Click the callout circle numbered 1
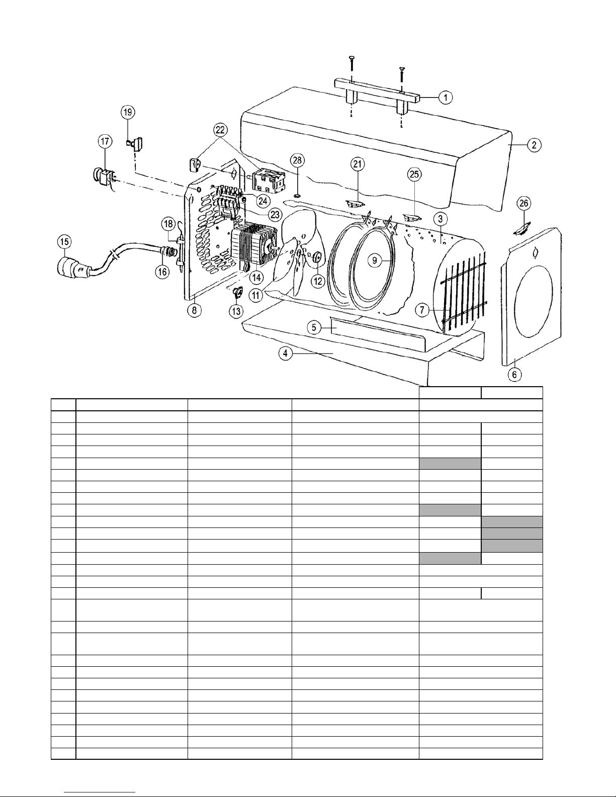point(446,98)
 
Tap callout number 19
point(128,112)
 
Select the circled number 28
point(297,160)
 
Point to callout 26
point(524,203)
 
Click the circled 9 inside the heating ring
point(374,260)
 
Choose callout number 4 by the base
point(285,353)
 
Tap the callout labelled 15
point(64,242)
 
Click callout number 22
point(220,130)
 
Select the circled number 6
point(514,375)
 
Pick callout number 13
point(236,311)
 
